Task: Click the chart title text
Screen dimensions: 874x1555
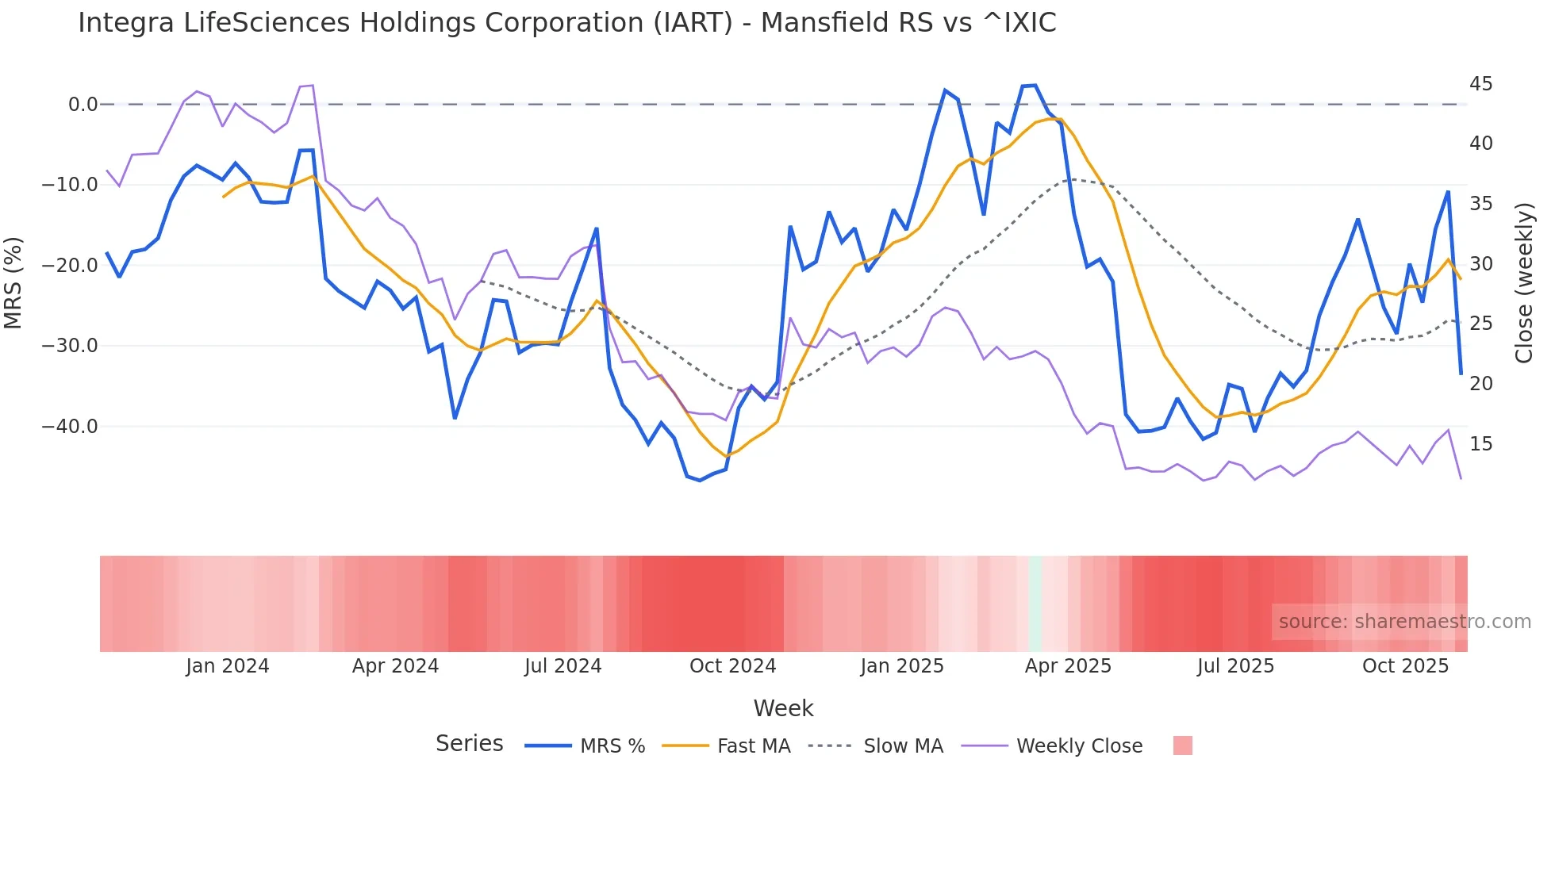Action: [566, 23]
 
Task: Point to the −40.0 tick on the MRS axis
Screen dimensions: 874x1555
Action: [69, 427]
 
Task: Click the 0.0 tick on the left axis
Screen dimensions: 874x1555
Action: [83, 105]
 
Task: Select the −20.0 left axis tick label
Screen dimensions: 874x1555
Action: [69, 266]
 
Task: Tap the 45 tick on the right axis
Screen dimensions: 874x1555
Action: [1480, 84]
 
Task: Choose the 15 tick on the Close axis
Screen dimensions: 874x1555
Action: [1480, 444]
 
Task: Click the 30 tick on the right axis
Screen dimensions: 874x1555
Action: [1480, 264]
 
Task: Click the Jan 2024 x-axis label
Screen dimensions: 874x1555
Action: [228, 666]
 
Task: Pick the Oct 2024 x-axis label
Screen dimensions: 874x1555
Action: [732, 666]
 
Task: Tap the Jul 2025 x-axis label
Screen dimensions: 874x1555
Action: [1235, 666]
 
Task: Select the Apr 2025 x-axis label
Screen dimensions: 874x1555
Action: [1068, 666]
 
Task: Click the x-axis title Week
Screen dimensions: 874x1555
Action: [783, 708]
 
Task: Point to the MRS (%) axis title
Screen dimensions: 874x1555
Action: [13, 283]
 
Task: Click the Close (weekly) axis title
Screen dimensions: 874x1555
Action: [1523, 283]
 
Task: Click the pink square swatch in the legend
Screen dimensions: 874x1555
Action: [1182, 746]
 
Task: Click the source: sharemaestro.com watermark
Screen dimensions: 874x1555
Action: [1404, 622]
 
